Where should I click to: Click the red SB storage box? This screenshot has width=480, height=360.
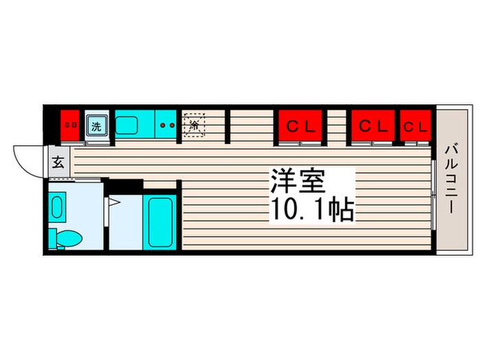(x=70, y=125)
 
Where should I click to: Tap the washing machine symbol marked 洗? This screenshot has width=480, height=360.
(x=97, y=125)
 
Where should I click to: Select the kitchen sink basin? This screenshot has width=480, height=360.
(x=126, y=125)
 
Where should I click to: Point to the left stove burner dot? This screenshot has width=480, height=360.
(x=163, y=125)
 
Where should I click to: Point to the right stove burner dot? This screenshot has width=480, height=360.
(x=172, y=125)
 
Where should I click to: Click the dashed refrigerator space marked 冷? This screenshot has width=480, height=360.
(x=194, y=125)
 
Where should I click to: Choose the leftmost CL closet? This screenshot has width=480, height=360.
(x=300, y=125)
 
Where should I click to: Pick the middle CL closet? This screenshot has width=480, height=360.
(x=373, y=125)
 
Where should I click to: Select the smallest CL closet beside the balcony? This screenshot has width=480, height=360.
(x=416, y=125)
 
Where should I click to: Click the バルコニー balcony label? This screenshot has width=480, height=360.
(x=451, y=180)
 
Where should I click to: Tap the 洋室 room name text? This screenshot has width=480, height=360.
(x=297, y=181)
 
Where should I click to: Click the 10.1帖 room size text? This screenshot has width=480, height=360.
(x=313, y=210)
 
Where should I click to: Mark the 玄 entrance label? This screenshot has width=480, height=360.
(x=58, y=162)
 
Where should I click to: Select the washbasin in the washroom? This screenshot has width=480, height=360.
(x=57, y=207)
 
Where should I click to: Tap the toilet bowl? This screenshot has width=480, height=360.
(x=69, y=239)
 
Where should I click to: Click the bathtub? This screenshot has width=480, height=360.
(x=160, y=222)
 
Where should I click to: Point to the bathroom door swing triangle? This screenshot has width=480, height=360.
(x=115, y=202)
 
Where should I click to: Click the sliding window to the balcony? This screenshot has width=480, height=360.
(x=433, y=194)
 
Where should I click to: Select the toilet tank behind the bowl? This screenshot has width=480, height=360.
(x=53, y=237)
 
